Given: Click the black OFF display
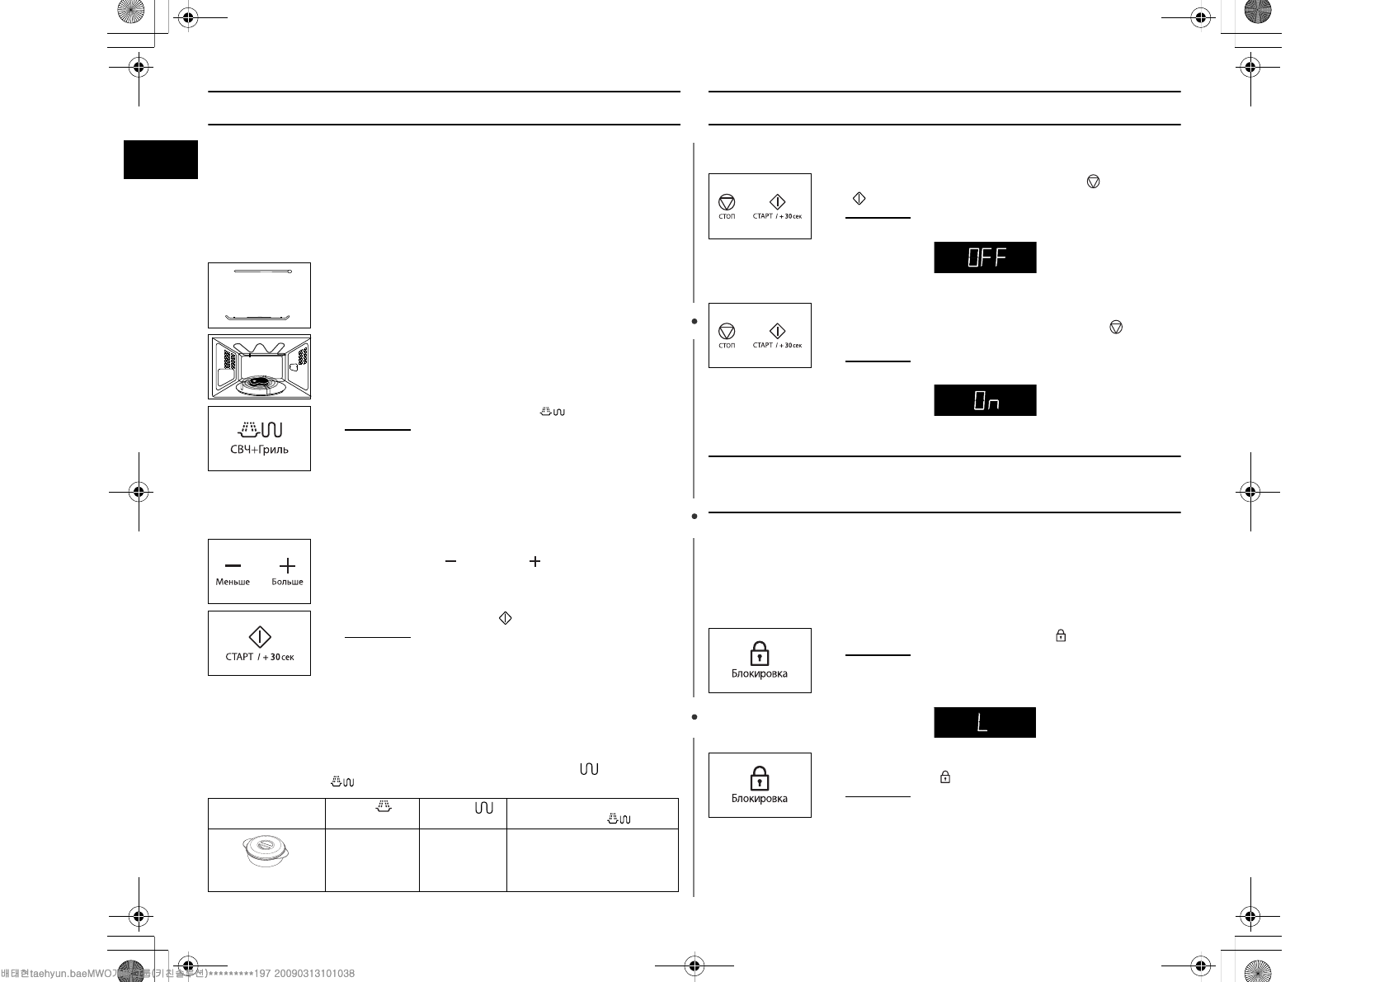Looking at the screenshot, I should click(985, 257).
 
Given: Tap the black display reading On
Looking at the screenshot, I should click(985, 400).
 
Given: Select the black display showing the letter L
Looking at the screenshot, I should click(984, 723).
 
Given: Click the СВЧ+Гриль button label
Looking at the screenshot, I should click(259, 450).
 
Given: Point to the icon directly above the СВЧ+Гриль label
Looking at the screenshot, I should click(260, 429).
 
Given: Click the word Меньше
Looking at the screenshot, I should click(233, 582).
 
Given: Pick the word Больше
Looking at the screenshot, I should click(287, 582).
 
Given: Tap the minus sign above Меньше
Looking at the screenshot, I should click(233, 565).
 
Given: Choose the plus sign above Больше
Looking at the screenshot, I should click(287, 565).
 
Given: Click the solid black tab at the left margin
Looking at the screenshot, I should click(161, 159).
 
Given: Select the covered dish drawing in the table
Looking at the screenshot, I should click(266, 852).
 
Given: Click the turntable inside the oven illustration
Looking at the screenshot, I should click(259, 383).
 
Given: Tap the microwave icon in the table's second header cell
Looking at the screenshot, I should click(384, 807).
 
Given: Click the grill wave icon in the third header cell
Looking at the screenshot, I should click(484, 808).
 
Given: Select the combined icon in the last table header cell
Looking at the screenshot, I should click(619, 818).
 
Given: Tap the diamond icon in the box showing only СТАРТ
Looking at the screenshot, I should click(260, 636).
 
